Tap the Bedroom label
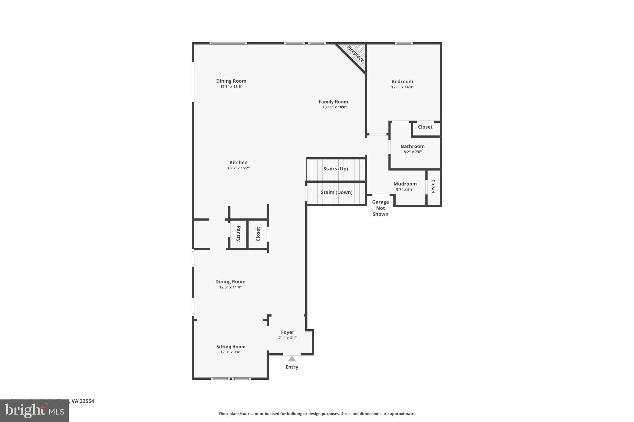tap(402, 82)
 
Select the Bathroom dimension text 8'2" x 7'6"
tap(412, 152)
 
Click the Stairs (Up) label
tap(336, 169)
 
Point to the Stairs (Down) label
tap(337, 192)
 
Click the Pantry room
tap(238, 234)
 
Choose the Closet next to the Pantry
tap(258, 234)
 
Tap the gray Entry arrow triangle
tap(292, 359)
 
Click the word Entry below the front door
tap(292, 367)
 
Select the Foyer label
tap(287, 332)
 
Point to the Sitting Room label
tap(231, 347)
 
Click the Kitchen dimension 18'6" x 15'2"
tap(238, 168)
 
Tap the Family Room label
tap(333, 102)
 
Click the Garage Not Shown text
tap(380, 208)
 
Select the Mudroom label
tap(405, 184)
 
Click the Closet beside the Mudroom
tap(433, 187)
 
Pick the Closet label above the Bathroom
tap(425, 127)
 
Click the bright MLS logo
tap(34, 411)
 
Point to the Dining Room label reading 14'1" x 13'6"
tap(231, 81)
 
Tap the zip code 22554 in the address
tap(87, 401)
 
